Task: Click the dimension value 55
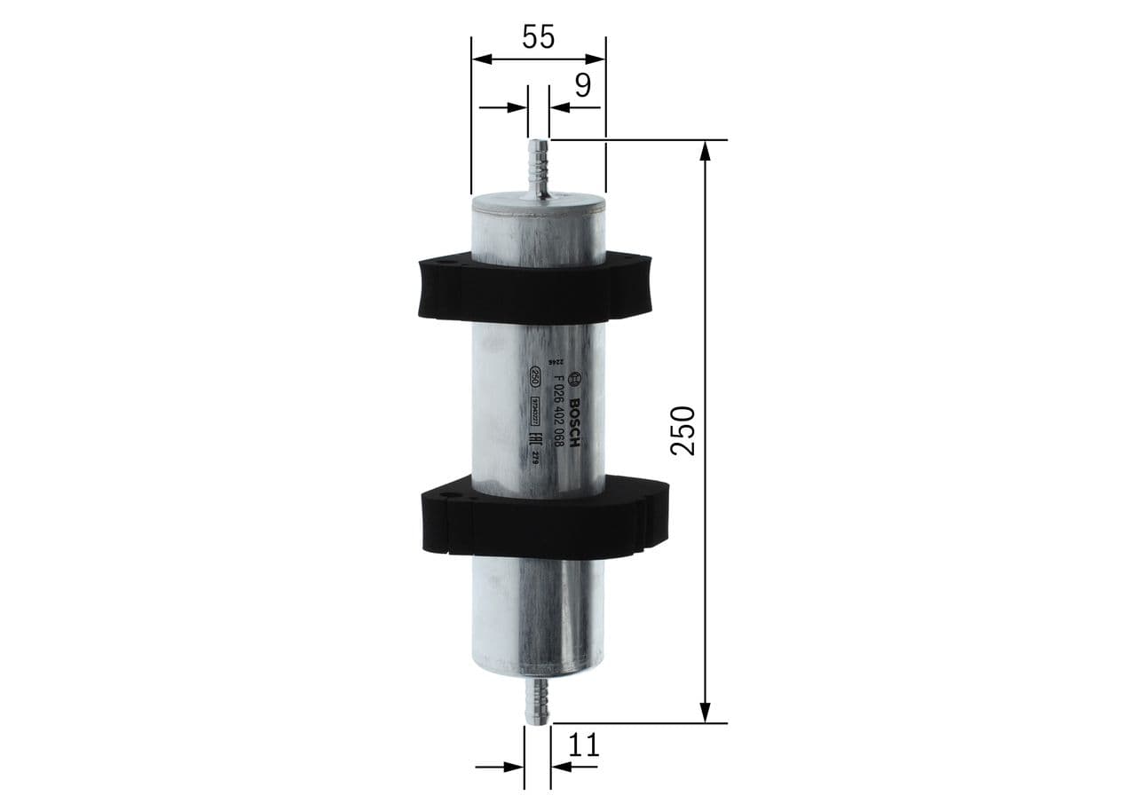pos(538,36)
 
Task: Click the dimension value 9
pos(582,85)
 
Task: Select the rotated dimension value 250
pos(682,430)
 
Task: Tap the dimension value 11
pos(583,745)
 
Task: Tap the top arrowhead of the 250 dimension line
pos(706,150)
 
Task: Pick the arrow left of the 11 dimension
pos(512,767)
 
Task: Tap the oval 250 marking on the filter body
pos(535,376)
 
